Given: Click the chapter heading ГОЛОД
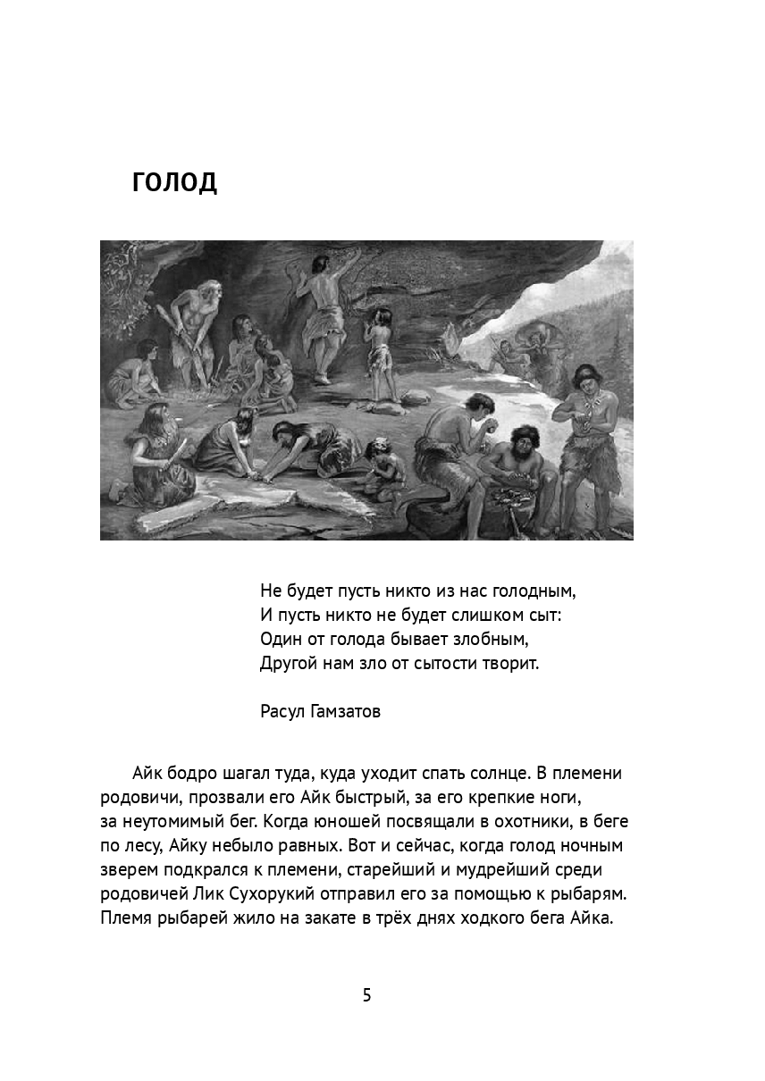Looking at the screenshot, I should [x=174, y=181].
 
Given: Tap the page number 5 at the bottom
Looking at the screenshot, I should [x=366, y=994].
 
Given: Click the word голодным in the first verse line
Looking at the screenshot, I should [x=533, y=591].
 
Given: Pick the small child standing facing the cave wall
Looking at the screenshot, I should [x=382, y=353].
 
